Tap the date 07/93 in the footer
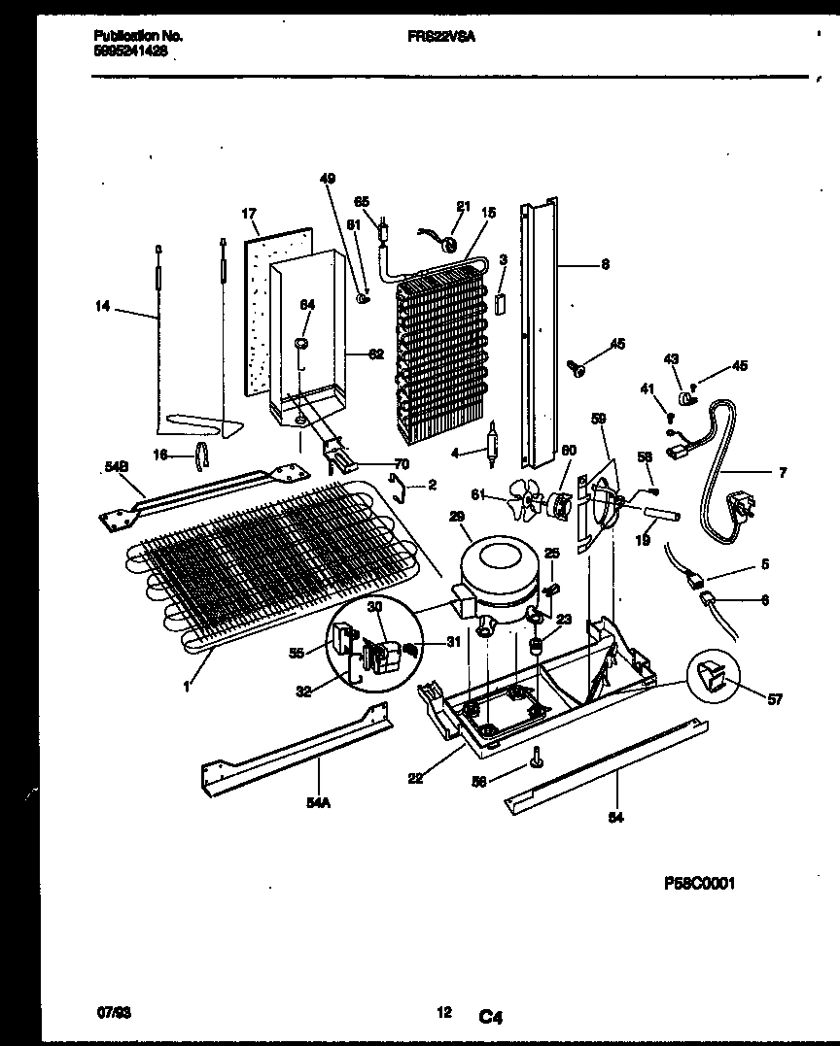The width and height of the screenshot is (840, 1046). [112, 1013]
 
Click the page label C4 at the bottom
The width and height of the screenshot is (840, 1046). [489, 1017]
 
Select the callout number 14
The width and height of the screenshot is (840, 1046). [102, 308]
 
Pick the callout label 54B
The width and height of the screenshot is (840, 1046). [116, 467]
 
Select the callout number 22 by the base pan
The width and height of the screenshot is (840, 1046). [415, 778]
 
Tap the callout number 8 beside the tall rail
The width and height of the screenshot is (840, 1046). [605, 263]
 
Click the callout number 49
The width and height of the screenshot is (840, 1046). [327, 178]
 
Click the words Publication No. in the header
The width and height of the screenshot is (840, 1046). [137, 35]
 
